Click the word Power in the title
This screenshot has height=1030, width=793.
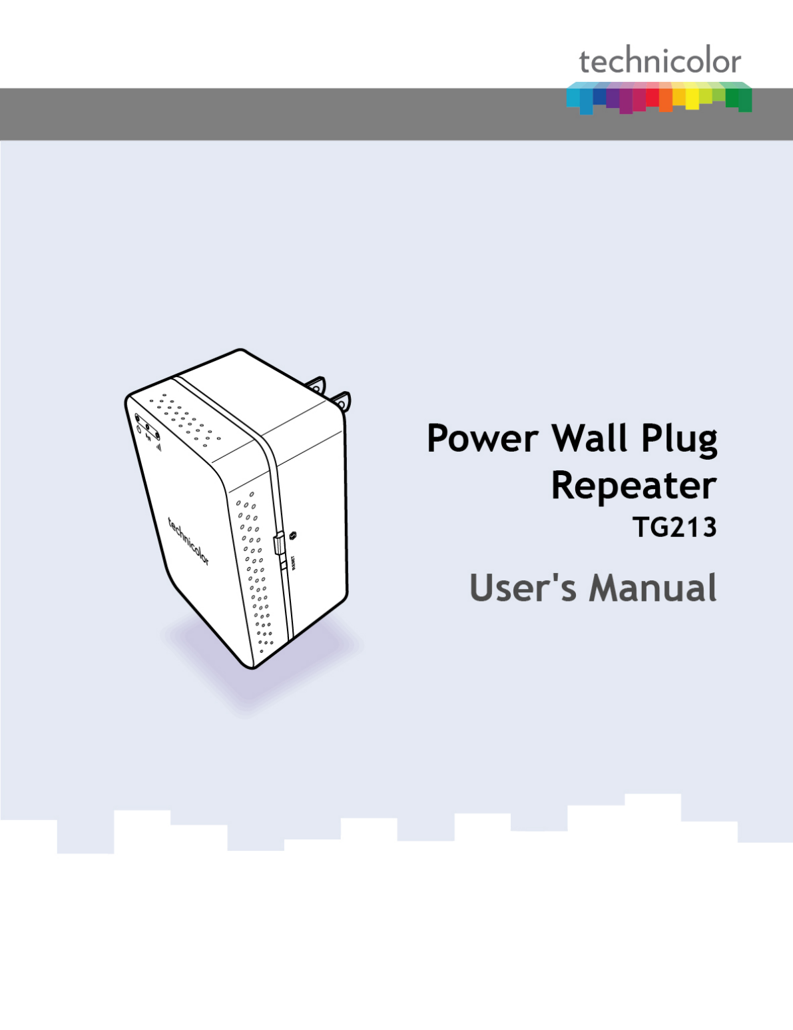(x=482, y=439)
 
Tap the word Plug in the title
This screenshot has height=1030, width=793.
(x=678, y=440)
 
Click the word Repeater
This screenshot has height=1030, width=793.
(x=633, y=486)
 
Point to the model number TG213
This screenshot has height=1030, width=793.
(x=674, y=528)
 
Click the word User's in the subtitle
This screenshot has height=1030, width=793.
(x=523, y=588)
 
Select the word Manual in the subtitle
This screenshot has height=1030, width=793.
(x=653, y=588)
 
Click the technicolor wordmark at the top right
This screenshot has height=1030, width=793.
(x=659, y=62)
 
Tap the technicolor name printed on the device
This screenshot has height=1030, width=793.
(x=188, y=541)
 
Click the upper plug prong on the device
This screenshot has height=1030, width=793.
(x=315, y=385)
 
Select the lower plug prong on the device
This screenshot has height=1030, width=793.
(x=342, y=400)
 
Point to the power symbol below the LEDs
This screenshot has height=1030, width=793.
(x=139, y=428)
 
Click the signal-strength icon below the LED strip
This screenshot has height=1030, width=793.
(x=158, y=446)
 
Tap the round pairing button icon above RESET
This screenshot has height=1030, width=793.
(x=292, y=535)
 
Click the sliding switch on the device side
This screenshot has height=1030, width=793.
(x=279, y=543)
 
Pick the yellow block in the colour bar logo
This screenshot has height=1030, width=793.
(x=691, y=97)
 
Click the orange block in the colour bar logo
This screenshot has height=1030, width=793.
(x=665, y=99)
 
